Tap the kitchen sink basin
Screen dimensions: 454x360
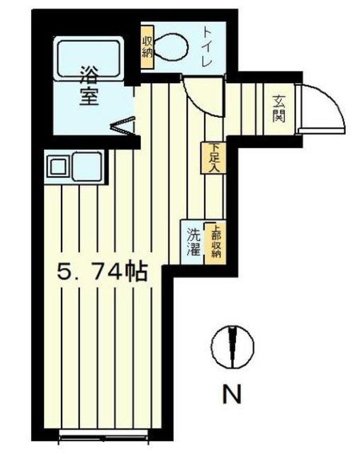58,168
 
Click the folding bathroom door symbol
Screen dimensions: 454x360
121,126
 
